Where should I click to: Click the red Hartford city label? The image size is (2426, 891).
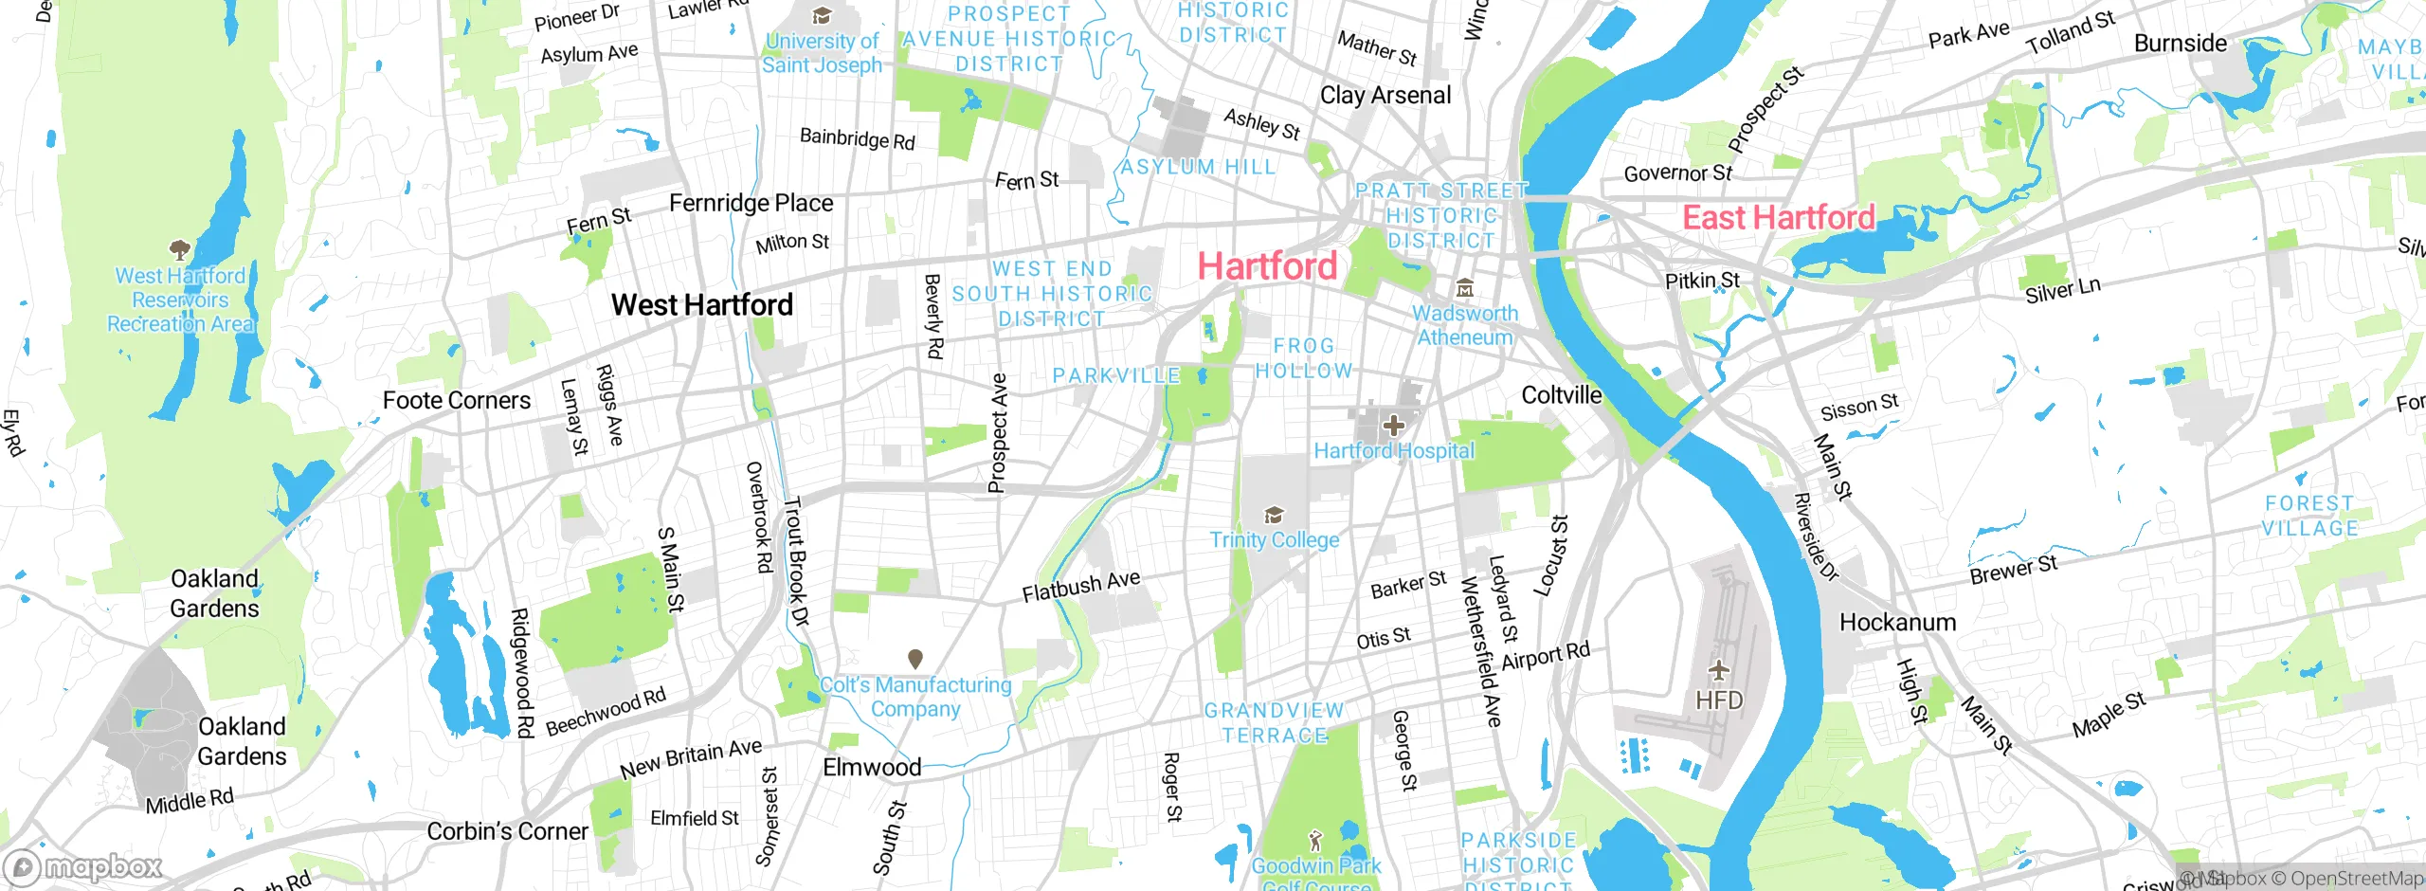[1267, 266]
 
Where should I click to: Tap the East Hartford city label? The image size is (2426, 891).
[1778, 218]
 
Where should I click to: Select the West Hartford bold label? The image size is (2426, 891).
[701, 305]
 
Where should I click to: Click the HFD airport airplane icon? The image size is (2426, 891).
[1719, 671]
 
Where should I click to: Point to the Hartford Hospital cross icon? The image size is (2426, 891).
[1393, 426]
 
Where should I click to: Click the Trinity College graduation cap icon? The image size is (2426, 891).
[1274, 516]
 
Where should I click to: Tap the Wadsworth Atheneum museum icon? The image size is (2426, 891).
[1465, 288]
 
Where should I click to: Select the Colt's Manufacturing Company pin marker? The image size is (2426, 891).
[915, 659]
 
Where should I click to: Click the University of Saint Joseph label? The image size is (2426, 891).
[822, 53]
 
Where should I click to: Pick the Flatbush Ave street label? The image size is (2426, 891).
[1080, 586]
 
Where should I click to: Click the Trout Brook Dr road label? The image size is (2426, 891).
[797, 561]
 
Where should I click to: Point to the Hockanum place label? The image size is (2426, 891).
[1897, 623]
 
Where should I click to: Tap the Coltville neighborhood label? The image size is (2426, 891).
[1561, 395]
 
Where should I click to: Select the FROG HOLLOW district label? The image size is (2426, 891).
[1304, 358]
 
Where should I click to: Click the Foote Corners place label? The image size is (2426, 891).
[456, 401]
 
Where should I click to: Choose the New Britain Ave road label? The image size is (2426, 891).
[691, 758]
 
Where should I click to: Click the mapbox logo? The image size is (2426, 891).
[83, 867]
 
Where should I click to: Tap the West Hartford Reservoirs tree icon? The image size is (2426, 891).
[179, 250]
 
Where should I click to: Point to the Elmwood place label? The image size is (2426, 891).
[871, 767]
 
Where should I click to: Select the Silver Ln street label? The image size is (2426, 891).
[2062, 290]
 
